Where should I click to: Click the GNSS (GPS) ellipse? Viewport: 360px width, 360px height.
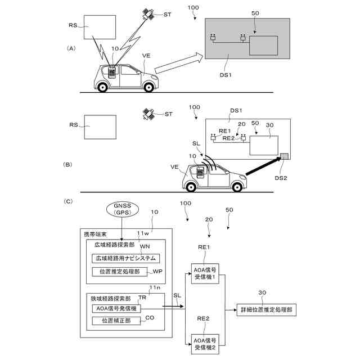(x=123, y=209)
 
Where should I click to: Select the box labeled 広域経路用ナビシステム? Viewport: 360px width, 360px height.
(x=125, y=258)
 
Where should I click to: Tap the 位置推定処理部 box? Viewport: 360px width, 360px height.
(x=120, y=272)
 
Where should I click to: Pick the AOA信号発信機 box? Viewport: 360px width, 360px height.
(x=116, y=308)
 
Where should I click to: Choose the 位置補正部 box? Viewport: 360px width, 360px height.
(x=116, y=321)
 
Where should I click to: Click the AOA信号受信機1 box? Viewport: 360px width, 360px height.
(x=205, y=273)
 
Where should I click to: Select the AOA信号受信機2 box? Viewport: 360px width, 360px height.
(x=205, y=344)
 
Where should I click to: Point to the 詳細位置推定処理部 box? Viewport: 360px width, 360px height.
(x=266, y=310)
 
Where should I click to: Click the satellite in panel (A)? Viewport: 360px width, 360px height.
(x=148, y=14)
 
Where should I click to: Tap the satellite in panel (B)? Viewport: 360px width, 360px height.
(x=149, y=114)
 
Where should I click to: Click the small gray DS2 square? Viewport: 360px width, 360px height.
(x=284, y=156)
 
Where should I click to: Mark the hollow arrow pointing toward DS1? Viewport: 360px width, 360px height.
(x=179, y=63)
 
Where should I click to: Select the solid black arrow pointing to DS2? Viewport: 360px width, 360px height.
(x=263, y=166)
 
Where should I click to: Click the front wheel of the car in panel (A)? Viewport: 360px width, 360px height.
(x=148, y=87)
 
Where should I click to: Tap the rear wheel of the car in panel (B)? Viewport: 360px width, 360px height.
(x=191, y=187)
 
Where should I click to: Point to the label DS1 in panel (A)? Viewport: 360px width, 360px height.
(x=226, y=75)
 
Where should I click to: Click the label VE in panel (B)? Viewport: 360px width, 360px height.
(x=174, y=167)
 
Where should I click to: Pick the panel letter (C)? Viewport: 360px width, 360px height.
(x=68, y=201)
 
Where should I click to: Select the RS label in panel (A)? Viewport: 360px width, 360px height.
(x=73, y=25)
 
